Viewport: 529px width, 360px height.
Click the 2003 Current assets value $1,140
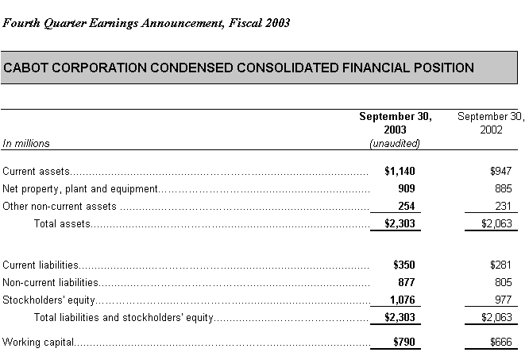[400, 171]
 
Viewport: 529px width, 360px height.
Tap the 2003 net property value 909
[405, 188]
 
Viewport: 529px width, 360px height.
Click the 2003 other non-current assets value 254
[405, 206]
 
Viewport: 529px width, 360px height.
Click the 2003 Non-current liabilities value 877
[405, 282]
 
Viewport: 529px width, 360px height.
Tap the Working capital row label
[38, 343]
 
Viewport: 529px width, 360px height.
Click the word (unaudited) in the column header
[395, 143]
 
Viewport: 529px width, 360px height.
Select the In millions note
[26, 143]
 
